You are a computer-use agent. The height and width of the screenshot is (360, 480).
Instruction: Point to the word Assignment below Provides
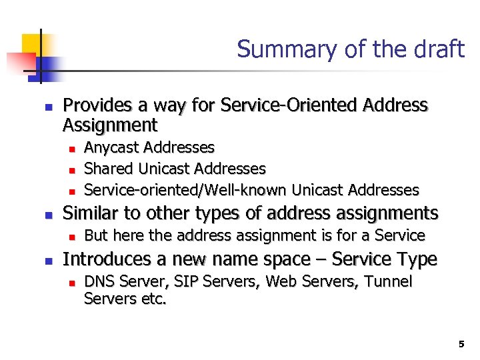pos(110,125)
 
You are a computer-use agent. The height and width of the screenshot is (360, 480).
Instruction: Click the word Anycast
pos(111,147)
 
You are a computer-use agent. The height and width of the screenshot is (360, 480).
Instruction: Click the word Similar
pos(87,213)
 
